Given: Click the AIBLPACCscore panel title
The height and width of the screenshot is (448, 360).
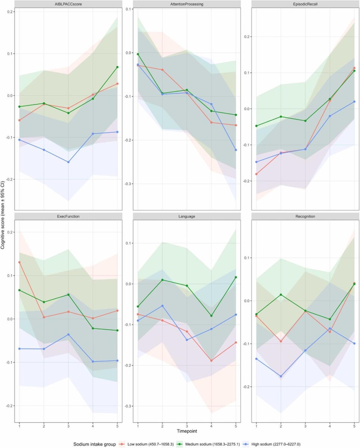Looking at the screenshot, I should [69, 4].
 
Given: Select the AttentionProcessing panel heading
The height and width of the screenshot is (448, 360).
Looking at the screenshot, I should [187, 4].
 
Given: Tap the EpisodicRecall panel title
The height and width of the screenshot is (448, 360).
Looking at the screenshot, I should [305, 4].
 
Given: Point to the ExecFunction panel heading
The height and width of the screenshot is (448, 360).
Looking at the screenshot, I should [68, 216].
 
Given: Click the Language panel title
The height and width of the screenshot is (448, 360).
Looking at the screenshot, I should [187, 216].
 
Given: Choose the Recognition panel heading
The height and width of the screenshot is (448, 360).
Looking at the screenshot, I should [305, 216].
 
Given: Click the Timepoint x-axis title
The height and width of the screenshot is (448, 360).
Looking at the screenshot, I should [187, 431].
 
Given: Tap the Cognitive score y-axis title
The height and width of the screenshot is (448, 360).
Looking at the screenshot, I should [3, 215].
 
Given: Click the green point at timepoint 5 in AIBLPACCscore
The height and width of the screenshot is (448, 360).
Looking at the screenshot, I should [117, 67].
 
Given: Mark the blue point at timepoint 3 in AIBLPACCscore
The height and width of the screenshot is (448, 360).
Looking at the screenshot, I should [68, 162].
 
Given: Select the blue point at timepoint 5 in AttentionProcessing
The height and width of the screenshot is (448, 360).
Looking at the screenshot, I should [236, 150].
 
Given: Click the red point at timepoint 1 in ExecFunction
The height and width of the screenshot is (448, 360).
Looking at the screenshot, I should [19, 262].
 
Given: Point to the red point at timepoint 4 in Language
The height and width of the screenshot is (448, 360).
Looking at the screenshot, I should [211, 361].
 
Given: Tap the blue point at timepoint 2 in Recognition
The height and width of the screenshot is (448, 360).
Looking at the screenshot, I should [281, 376].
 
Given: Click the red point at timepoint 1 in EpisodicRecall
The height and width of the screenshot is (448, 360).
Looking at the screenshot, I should [256, 174].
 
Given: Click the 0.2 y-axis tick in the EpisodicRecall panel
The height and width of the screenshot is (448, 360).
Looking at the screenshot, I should [247, 37].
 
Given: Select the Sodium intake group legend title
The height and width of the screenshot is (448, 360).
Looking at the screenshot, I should [94, 444].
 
